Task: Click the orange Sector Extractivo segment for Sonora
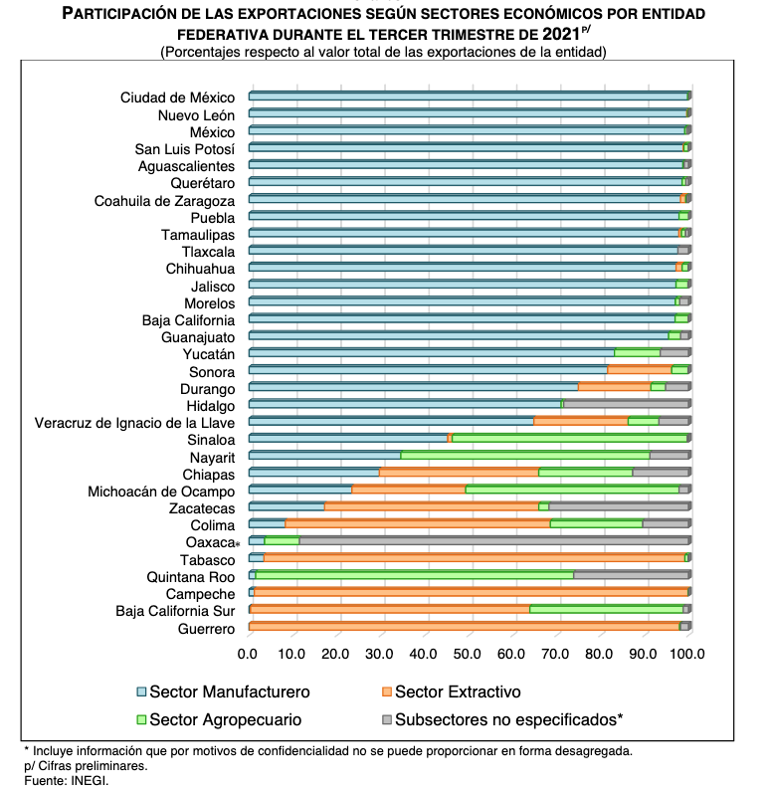(640, 370)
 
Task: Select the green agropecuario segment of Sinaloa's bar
(569, 438)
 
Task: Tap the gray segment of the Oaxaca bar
(494, 541)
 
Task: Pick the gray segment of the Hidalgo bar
(627, 404)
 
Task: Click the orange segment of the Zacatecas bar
(432, 506)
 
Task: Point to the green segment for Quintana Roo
(415, 575)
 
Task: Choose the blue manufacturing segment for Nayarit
(324, 456)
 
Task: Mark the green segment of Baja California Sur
(607, 609)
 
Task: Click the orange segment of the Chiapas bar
(459, 473)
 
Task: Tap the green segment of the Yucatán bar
(638, 352)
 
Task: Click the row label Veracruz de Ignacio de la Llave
(134, 423)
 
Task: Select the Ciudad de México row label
(177, 98)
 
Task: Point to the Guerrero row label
(206, 629)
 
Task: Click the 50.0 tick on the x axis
(467, 654)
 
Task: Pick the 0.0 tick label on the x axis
(248, 654)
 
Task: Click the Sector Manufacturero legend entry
(224, 692)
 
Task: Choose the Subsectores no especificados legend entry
(502, 720)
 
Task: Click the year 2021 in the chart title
(561, 34)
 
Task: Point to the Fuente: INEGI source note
(66, 780)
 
